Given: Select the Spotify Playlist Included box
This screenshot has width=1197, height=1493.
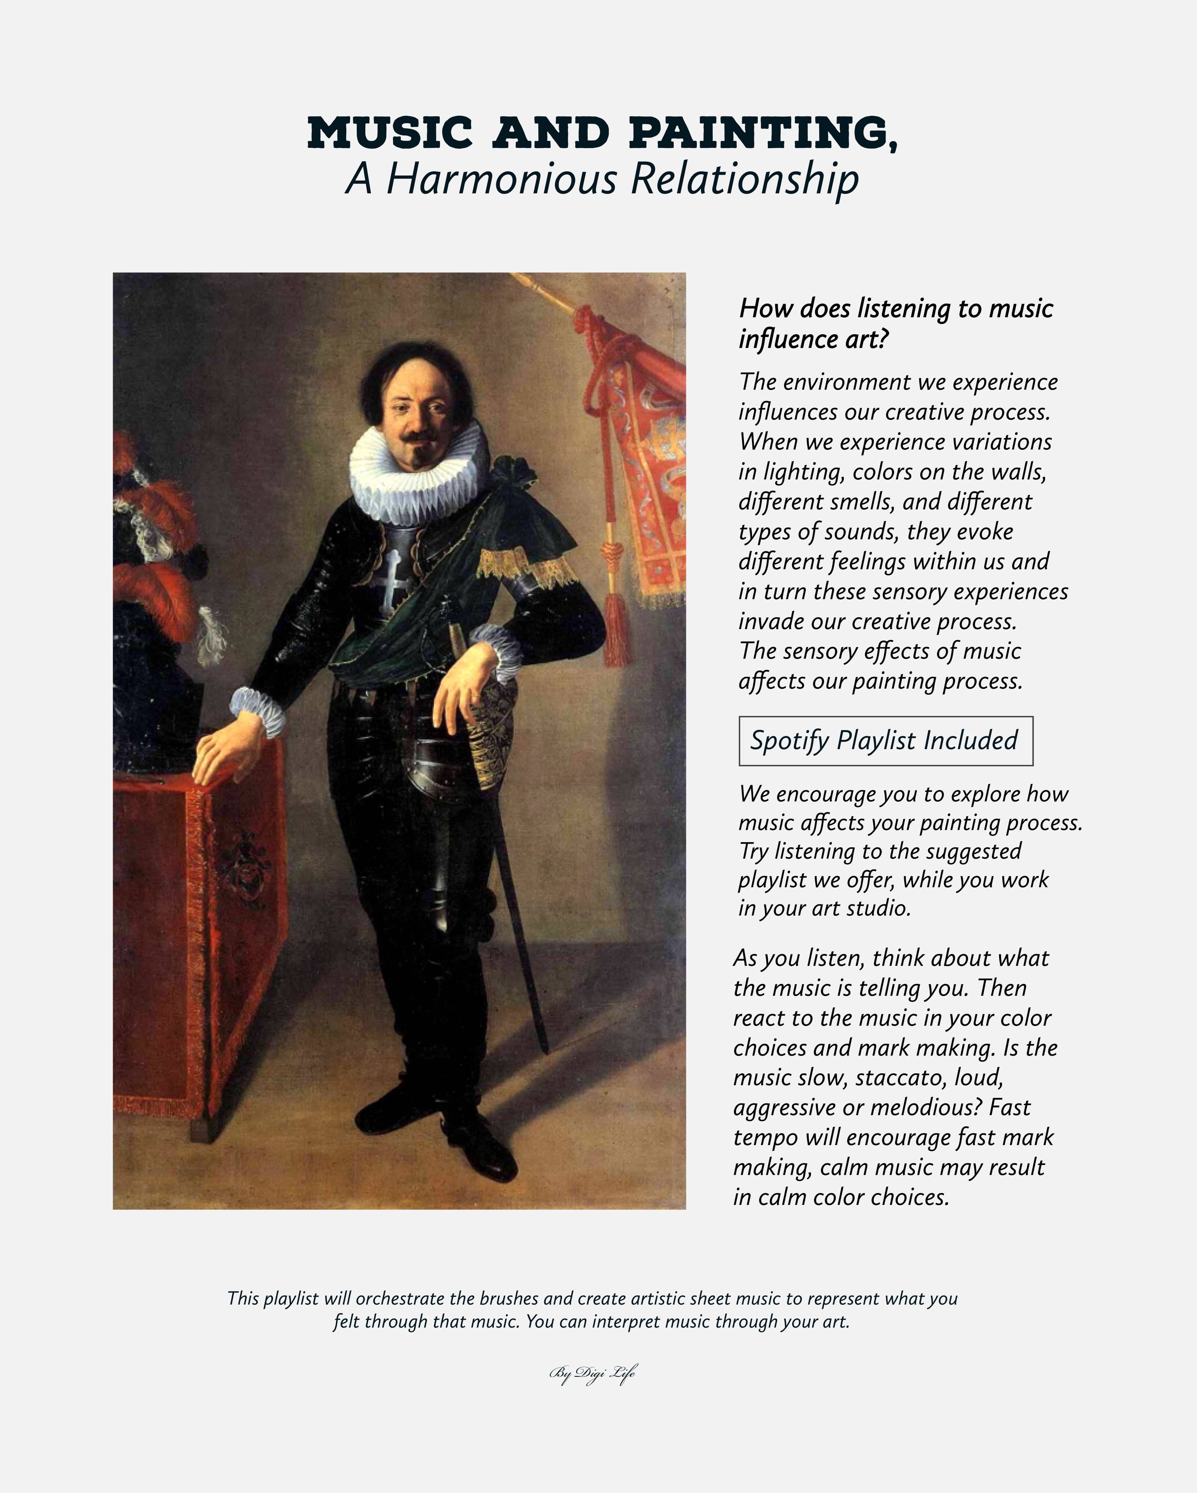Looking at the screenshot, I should coord(886,741).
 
